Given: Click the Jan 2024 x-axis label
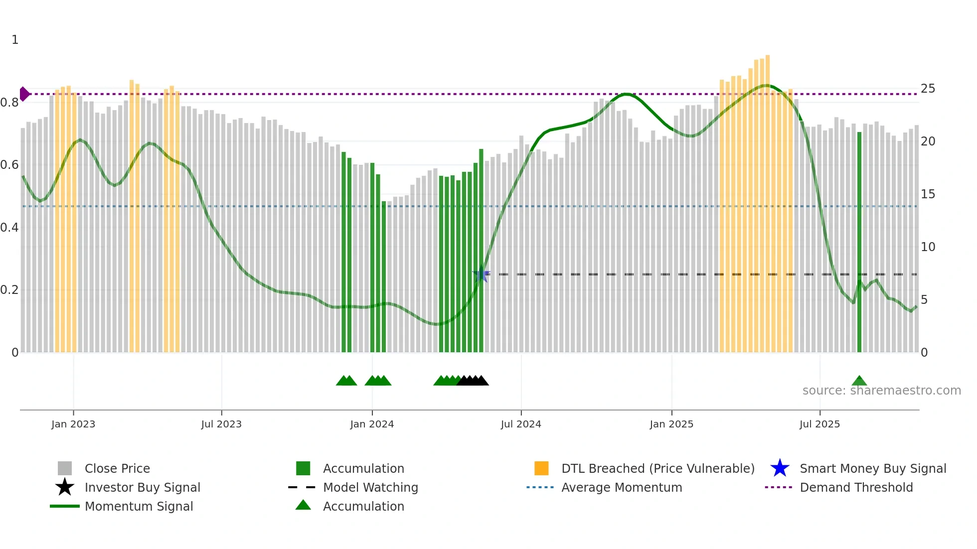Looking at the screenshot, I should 372,424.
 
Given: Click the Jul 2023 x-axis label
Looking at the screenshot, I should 221,424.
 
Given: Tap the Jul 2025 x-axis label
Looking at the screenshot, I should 819,424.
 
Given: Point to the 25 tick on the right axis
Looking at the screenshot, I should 928,89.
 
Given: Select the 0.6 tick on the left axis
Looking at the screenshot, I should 9,165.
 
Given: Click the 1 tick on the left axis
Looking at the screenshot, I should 15,40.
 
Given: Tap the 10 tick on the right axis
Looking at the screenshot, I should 928,247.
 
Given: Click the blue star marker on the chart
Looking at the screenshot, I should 481,274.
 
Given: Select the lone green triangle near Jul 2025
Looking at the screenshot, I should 859,381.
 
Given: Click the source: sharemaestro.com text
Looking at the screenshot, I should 881,391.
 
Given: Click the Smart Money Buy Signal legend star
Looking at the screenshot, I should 780,468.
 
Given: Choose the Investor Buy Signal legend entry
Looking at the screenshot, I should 142,487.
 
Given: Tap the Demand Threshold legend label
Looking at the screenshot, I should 856,487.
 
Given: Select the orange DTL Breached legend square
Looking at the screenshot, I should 541,468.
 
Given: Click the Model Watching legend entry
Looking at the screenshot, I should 370,487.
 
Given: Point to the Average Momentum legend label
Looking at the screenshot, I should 622,487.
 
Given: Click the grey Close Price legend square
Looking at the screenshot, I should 65,468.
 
